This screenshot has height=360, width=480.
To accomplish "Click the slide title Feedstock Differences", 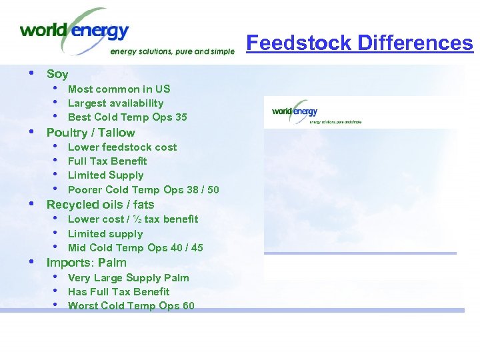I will click(359, 43).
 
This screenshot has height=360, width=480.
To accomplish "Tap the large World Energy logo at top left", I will click(75, 31).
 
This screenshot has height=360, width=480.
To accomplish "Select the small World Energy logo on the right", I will click(295, 111).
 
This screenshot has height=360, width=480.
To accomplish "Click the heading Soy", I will click(57, 74).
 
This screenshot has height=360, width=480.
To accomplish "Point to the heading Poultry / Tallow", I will click(91, 132).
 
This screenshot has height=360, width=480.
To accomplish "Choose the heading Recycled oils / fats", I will click(100, 205).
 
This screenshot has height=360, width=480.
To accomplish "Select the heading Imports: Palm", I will click(86, 262).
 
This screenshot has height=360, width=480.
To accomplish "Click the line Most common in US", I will click(119, 89).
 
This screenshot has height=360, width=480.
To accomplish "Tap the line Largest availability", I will click(115, 103).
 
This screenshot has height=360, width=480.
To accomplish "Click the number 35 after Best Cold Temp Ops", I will click(181, 117).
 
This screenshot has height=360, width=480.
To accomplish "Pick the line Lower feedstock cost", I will click(122, 147).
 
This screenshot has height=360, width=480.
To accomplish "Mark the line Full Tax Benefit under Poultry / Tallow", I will click(107, 161).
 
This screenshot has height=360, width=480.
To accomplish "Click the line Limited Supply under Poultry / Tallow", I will click(105, 175).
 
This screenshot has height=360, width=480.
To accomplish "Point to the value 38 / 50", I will click(203, 190).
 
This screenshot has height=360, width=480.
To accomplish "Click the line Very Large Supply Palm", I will click(128, 277).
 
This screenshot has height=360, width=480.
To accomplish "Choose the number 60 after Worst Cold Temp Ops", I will click(187, 306).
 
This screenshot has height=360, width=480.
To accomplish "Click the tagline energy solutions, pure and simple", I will click(172, 51).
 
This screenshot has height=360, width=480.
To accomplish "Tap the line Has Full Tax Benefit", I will click(119, 291).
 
